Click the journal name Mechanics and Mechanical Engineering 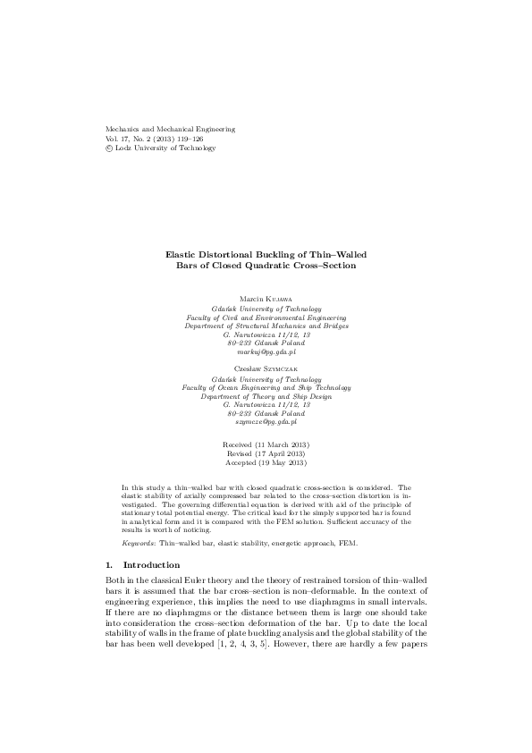click(x=170, y=129)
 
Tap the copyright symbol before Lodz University click(x=110, y=148)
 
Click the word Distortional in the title click(x=236, y=255)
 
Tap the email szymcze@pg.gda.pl click(x=266, y=419)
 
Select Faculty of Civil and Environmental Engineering click(x=266, y=317)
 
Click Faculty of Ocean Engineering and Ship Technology click(x=266, y=387)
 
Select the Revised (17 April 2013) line click(x=266, y=454)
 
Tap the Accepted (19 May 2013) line click(x=266, y=463)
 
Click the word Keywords click(x=139, y=544)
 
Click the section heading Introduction click(x=151, y=565)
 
